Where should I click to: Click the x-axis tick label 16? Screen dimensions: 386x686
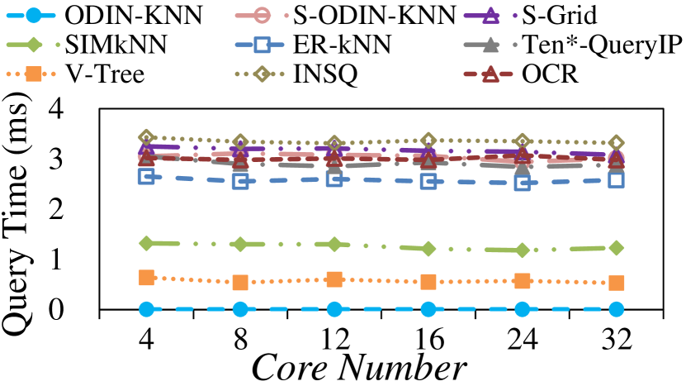coord(428,341)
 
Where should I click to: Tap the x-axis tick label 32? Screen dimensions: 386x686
coord(616,341)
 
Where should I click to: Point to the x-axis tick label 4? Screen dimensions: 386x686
coord(147,341)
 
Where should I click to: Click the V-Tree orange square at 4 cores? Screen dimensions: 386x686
coord(147,278)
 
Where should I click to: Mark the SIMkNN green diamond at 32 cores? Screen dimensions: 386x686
coord(616,248)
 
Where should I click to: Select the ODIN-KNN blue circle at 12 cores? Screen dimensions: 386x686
coord(334,309)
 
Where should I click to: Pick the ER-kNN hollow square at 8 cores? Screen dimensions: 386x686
coord(240,181)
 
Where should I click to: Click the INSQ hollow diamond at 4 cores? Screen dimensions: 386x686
coord(147,137)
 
